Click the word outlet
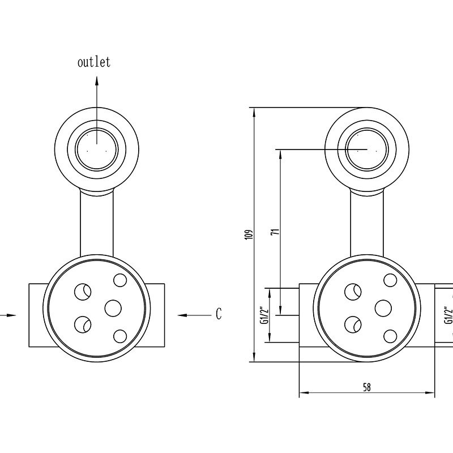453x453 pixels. click(94, 62)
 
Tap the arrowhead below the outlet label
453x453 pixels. click(97, 81)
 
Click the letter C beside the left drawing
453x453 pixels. click(219, 314)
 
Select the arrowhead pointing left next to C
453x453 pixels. click(182, 315)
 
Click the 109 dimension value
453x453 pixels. click(249, 234)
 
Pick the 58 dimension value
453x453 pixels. click(366, 387)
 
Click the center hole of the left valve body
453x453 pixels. click(113, 308)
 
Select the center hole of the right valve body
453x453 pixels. click(383, 308)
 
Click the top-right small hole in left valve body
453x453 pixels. click(120, 280)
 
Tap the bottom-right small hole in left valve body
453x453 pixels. click(120, 336)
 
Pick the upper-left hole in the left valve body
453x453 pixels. click(83, 292)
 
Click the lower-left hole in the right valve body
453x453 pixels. click(353, 324)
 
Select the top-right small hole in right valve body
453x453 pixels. click(390, 280)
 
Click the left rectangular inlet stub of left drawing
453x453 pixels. click(37, 315)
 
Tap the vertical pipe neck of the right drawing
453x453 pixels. click(367, 223)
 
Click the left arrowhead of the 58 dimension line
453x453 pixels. click(304, 392)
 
